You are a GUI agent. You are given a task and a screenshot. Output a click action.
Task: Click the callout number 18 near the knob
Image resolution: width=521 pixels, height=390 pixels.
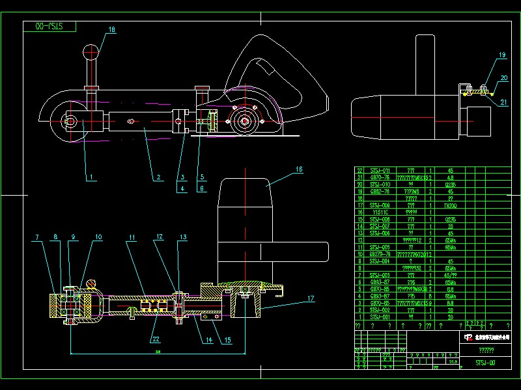[x=111, y=29]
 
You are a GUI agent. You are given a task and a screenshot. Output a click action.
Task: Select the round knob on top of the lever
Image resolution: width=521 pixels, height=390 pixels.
[x=91, y=51]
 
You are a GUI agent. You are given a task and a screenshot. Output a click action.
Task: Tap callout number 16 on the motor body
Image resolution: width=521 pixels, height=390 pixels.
[x=298, y=170]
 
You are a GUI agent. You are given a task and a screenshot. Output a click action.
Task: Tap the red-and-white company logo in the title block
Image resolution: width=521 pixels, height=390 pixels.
[x=468, y=337]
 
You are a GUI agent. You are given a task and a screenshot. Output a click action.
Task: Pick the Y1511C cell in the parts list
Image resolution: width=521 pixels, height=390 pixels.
[x=380, y=211]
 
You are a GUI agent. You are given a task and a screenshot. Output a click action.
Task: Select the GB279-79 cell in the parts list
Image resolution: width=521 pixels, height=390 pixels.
[x=380, y=253]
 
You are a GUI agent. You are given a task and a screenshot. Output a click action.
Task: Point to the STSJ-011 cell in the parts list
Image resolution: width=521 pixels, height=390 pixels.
[x=380, y=170]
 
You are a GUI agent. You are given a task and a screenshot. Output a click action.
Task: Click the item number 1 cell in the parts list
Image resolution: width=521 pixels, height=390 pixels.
[x=359, y=317]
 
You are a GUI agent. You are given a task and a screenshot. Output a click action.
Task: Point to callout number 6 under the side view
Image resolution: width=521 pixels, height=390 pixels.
[x=202, y=189]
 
